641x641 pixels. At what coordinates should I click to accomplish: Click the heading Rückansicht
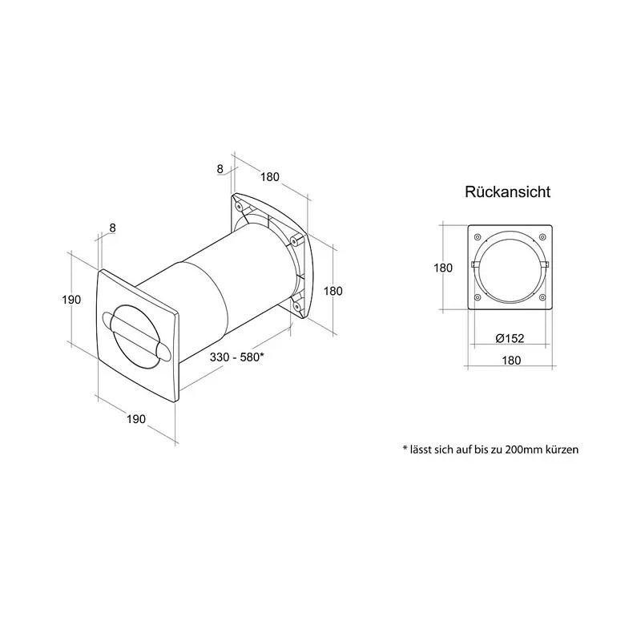pos(508,191)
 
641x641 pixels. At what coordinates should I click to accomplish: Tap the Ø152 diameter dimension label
pos(510,338)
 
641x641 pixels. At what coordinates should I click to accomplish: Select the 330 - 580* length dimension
pos(236,357)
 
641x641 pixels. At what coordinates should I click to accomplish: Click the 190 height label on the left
pos(71,300)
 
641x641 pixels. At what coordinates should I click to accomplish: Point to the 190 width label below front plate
pos(136,419)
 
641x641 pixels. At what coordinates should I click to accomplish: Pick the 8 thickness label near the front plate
pos(113,228)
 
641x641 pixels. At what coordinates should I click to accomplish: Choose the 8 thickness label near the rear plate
pos(220,168)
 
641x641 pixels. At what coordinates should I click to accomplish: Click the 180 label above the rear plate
pos(270,176)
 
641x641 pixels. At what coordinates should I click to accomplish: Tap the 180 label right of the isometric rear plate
pos(333,291)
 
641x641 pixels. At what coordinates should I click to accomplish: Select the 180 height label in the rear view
pos(443,268)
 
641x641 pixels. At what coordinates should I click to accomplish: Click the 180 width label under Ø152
pos(511,360)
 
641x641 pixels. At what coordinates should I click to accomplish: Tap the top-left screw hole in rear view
pos(477,236)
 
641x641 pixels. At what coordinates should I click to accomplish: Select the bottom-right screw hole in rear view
pos(542,297)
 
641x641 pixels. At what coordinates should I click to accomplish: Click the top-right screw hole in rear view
pos(542,236)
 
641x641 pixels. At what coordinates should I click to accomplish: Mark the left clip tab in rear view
pos(475,264)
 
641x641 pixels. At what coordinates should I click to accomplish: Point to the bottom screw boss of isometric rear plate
pos(296,305)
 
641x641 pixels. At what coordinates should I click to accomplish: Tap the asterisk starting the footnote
pos(405,448)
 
